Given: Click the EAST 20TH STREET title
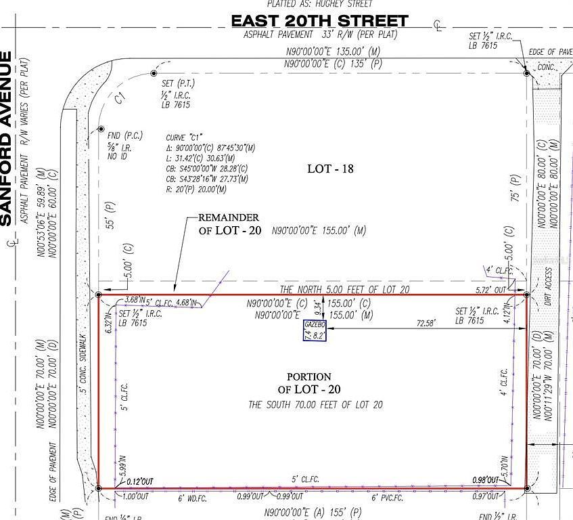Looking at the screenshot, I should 319,21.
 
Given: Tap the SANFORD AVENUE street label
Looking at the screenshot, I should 7,139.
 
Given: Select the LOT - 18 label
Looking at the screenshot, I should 330,169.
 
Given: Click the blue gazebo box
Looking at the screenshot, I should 315,330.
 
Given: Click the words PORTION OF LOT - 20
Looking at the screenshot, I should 309,383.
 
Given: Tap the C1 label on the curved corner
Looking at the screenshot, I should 120,99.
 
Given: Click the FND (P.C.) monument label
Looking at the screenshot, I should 122,135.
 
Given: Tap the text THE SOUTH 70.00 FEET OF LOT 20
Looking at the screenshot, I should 315,405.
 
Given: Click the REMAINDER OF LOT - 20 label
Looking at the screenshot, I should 229,224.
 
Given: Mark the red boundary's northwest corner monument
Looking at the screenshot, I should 99,295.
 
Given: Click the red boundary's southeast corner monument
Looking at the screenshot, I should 526,487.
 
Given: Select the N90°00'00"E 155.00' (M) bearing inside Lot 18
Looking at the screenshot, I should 319,231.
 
